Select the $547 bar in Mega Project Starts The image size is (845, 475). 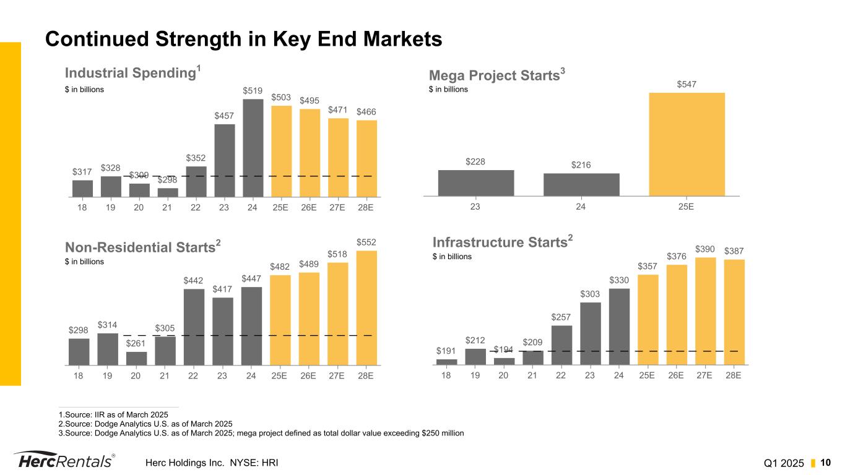(687, 144)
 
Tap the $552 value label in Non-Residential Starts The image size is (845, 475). (366, 242)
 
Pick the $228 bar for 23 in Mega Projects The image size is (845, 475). (475, 183)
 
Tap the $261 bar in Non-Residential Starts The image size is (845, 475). (136, 359)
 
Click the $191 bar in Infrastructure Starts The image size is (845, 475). (446, 362)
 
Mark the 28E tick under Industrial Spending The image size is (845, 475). (366, 208)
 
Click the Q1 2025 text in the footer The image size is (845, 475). (783, 463)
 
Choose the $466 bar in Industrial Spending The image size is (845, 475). (366, 158)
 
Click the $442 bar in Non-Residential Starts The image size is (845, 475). (194, 327)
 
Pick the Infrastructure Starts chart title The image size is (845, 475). (501, 242)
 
